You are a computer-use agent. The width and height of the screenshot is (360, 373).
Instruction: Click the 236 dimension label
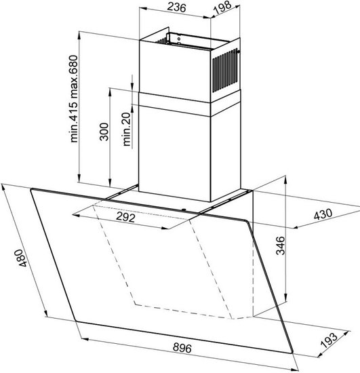176,7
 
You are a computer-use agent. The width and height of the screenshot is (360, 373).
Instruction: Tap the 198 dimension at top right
222,7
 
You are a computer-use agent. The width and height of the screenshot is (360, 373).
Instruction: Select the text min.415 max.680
74,99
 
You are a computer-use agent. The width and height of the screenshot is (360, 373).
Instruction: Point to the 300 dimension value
104,132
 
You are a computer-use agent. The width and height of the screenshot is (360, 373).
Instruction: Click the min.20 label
127,129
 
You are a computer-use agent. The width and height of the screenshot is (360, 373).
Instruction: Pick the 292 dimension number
125,217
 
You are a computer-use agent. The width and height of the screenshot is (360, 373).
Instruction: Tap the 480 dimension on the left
21,258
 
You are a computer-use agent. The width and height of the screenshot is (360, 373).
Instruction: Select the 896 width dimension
182,347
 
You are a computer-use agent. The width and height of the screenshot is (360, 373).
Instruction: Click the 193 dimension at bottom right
329,340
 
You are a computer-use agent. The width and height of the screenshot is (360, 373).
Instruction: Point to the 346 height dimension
281,246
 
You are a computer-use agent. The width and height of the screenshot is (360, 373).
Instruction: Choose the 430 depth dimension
323,214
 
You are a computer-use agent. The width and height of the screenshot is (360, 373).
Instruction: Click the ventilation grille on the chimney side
225,71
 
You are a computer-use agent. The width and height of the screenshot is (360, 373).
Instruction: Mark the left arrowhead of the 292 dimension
76,215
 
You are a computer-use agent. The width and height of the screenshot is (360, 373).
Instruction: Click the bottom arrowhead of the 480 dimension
45,313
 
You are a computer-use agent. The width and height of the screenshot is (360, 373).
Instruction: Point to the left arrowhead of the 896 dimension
85,338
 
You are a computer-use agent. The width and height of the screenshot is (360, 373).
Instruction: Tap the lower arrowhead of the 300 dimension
110,183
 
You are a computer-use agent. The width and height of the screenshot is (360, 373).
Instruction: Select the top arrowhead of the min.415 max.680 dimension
79,35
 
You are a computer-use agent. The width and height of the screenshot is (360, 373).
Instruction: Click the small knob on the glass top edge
183,210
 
